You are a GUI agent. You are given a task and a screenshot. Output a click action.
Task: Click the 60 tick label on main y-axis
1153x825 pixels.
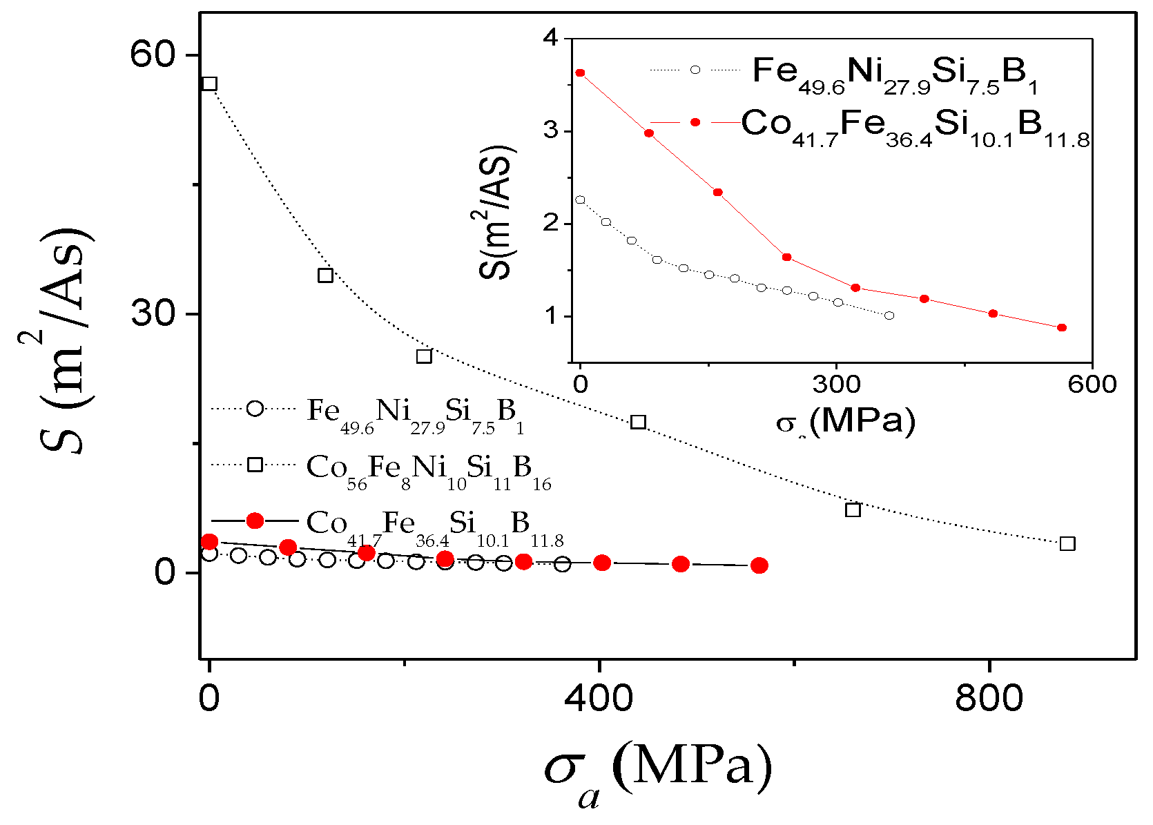tap(153, 55)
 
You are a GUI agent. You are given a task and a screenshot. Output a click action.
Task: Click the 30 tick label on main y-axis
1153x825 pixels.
tap(153, 314)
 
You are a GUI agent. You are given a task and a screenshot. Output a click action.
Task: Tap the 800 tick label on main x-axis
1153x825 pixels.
tap(989, 699)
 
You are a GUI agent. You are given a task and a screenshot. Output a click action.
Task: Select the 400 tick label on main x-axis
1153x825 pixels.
tap(599, 699)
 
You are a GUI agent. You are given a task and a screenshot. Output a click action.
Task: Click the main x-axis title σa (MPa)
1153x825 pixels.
tap(658, 770)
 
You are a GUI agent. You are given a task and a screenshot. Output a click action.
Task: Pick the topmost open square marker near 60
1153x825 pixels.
tap(209, 84)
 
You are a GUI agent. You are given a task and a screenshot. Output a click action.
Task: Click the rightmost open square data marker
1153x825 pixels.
tap(1067, 544)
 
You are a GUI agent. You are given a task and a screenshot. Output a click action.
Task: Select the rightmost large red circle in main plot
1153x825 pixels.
tap(759, 565)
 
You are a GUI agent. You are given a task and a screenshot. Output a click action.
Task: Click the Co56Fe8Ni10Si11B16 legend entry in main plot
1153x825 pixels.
tap(428, 470)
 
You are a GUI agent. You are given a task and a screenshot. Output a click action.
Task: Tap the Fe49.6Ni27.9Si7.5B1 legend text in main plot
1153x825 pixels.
tap(414, 414)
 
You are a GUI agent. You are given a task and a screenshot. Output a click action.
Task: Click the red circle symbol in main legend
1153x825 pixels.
tap(255, 521)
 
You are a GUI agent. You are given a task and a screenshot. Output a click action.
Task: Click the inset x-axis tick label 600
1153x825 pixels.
tap(1092, 384)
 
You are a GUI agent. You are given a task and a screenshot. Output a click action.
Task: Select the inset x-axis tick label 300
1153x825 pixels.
tap(836, 384)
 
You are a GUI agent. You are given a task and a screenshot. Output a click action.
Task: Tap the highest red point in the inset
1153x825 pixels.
tap(580, 72)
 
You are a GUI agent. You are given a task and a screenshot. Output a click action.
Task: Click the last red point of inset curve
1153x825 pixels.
tap(1062, 328)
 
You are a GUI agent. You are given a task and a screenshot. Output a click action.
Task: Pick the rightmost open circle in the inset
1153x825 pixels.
tap(889, 316)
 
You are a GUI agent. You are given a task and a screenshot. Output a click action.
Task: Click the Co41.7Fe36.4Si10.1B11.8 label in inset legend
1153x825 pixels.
tap(915, 127)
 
